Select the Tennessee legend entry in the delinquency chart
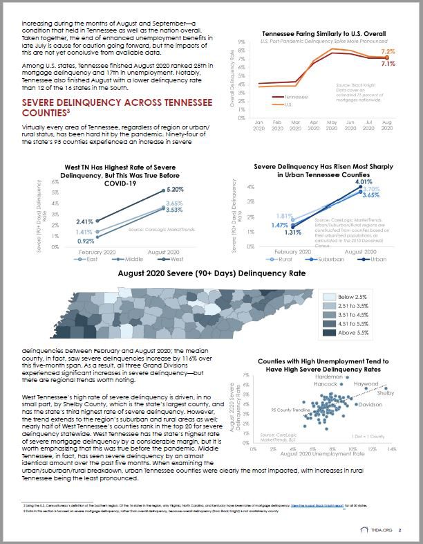(x=296, y=98)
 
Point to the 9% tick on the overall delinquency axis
(x=241, y=42)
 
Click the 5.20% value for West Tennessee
(x=175, y=189)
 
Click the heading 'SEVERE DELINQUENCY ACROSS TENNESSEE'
(x=116, y=102)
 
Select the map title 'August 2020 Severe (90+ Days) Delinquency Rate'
(x=212, y=275)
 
